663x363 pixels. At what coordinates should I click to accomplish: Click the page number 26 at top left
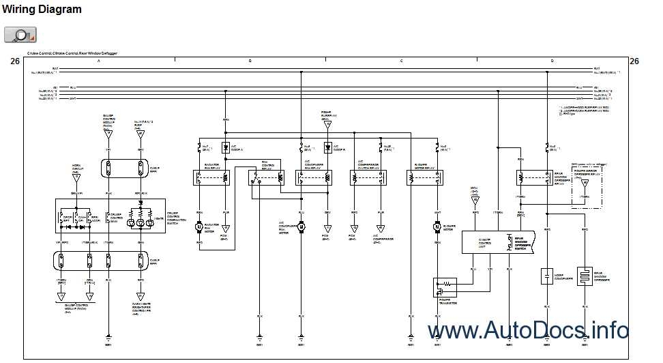coord(15,61)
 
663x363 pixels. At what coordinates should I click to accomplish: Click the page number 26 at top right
coord(634,61)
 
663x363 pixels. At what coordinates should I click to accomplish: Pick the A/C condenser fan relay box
coord(314,177)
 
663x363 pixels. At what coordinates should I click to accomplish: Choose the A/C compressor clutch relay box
coord(368,177)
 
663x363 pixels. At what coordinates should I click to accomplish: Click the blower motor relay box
coord(424,177)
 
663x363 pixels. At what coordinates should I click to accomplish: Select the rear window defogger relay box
coord(534,177)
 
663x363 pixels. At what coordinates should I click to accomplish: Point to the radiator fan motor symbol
coord(201,227)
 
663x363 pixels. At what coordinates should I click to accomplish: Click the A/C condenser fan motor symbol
coord(301,227)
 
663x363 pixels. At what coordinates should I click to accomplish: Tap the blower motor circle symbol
coord(437,227)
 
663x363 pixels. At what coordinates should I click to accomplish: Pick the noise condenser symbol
coord(546,276)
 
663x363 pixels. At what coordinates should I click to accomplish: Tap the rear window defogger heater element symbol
coord(585,276)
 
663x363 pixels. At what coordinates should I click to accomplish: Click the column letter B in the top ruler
coord(250,61)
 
